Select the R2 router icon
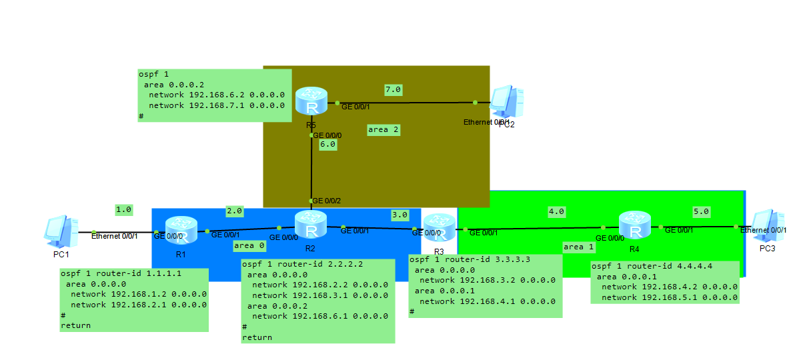coord(311,225)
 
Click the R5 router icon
coord(311,101)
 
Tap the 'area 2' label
coord(383,130)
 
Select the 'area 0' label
coord(249,246)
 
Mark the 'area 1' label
coord(578,247)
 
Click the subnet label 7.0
coord(393,89)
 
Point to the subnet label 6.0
coord(327,144)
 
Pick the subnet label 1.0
coord(123,209)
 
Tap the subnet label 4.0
coord(556,211)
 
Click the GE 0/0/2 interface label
coord(327,201)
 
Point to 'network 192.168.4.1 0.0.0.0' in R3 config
coord(487,301)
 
